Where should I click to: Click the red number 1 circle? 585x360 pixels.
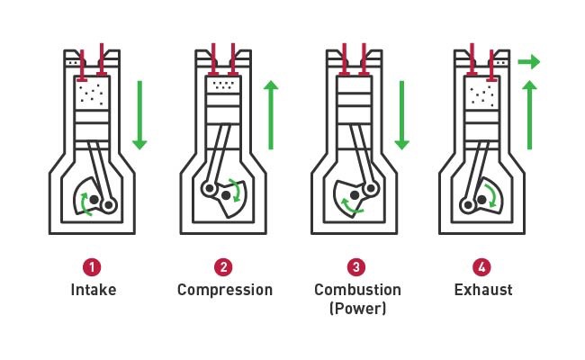click(94, 268)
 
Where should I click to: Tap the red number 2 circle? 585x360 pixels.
click(224, 268)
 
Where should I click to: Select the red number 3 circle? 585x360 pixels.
click(356, 268)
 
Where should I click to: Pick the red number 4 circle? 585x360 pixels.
click(482, 268)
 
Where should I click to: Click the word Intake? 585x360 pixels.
click(94, 290)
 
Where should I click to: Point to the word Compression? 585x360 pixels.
click(224, 290)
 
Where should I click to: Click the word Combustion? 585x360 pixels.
click(355, 290)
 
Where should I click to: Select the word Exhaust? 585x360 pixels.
click(482, 290)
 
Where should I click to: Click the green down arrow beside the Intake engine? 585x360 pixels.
click(139, 114)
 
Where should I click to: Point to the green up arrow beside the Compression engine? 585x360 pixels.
click(271, 114)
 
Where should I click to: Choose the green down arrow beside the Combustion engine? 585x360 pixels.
click(402, 114)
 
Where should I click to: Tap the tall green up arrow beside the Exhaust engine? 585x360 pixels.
click(530, 114)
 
